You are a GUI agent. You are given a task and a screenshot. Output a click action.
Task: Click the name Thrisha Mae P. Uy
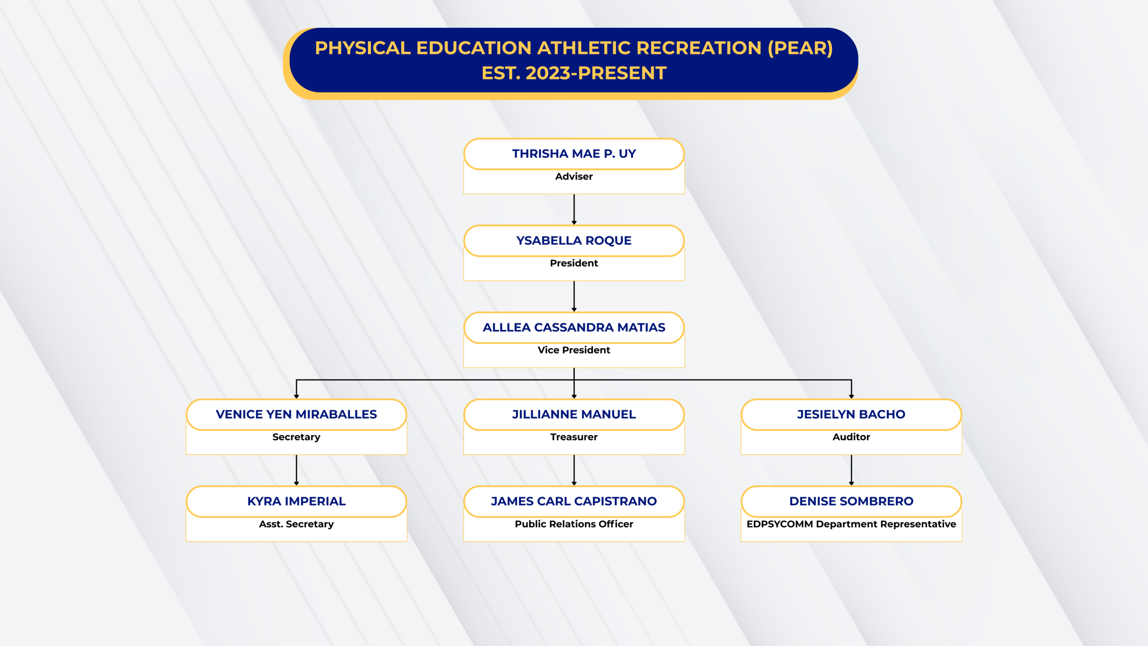tap(574, 154)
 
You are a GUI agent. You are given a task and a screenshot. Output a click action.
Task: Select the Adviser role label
tap(574, 176)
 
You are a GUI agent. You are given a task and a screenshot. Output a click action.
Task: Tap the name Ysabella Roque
tap(574, 241)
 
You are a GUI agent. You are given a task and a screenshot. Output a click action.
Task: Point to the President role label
tap(574, 263)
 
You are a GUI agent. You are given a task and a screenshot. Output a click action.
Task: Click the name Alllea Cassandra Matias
tap(574, 327)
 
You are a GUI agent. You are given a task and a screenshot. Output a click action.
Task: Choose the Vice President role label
tap(574, 350)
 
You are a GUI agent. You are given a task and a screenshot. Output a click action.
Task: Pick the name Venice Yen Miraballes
tap(296, 415)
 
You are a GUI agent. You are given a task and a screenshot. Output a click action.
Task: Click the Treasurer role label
tap(574, 437)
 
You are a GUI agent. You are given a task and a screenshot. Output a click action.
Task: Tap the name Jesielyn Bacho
tap(851, 415)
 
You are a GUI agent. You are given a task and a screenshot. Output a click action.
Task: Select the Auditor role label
tap(851, 437)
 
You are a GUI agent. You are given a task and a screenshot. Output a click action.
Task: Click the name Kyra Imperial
tap(296, 501)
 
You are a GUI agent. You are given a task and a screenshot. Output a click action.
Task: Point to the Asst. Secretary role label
tap(296, 524)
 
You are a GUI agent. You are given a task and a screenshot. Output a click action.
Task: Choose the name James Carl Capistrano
tap(574, 501)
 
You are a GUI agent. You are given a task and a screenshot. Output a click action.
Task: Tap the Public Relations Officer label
tap(574, 524)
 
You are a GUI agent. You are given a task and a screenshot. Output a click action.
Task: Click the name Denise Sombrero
tap(851, 501)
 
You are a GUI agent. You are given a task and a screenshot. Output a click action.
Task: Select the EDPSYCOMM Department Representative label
tap(851, 524)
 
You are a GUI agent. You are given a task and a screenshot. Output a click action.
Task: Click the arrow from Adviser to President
tap(574, 210)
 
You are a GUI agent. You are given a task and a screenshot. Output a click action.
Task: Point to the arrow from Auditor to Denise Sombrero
tap(851, 470)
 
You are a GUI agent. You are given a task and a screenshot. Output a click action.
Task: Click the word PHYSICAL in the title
tap(363, 48)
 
